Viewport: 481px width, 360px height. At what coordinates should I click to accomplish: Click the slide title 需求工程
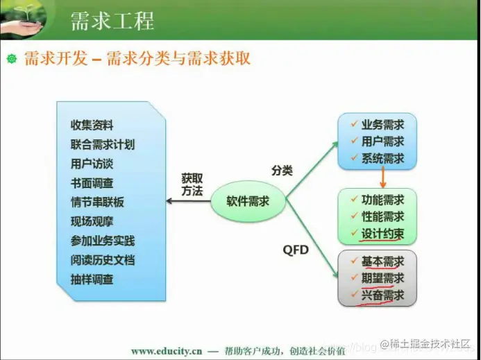click(x=112, y=21)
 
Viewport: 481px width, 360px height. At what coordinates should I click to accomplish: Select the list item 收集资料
click(x=92, y=126)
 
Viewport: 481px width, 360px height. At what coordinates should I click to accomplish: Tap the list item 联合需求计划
click(x=102, y=145)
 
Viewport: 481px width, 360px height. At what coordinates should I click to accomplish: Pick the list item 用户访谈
click(x=92, y=164)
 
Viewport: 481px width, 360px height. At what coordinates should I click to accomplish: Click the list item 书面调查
click(x=92, y=183)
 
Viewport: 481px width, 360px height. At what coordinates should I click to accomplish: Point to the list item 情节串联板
click(x=97, y=203)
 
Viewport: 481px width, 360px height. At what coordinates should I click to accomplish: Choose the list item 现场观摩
click(x=92, y=222)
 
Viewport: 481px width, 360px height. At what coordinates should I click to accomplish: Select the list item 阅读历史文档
click(x=102, y=261)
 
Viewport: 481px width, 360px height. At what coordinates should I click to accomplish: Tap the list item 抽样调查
click(x=92, y=280)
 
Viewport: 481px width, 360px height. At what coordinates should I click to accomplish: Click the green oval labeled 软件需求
click(x=248, y=202)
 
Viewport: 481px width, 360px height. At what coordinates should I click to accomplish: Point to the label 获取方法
click(x=192, y=185)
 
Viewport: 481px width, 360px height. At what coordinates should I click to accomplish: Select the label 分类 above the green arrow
click(x=282, y=169)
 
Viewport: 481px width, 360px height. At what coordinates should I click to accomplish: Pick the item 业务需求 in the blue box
click(x=382, y=124)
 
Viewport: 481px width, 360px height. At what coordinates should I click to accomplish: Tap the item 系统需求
click(x=382, y=158)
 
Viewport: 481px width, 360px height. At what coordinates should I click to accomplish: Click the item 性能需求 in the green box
click(x=382, y=216)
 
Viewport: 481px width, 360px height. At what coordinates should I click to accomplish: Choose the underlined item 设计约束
click(x=382, y=234)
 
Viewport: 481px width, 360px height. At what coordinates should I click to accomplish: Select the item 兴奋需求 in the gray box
click(x=382, y=295)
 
